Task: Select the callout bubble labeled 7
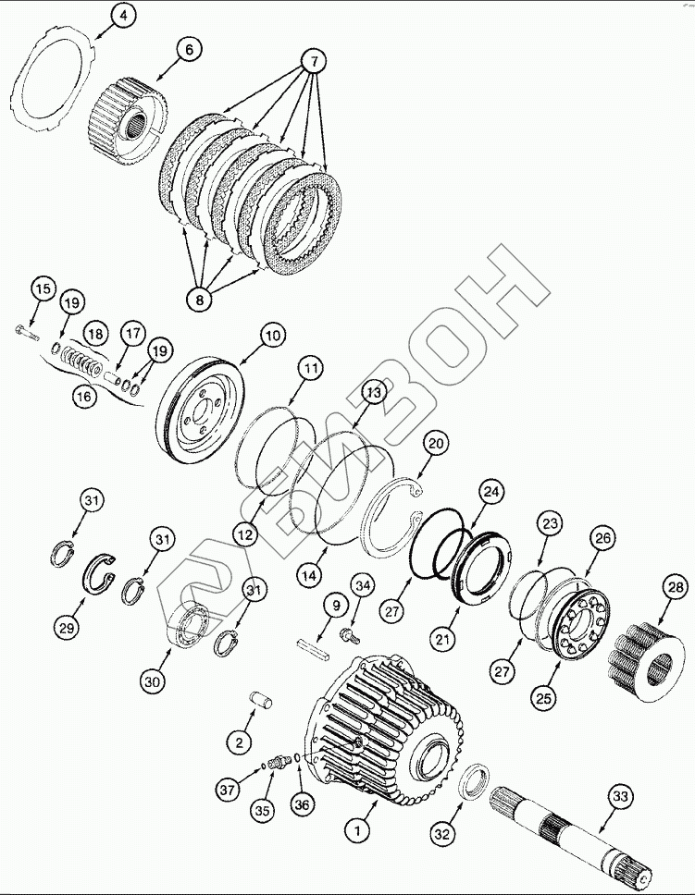pyautogui.click(x=313, y=63)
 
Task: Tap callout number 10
pyautogui.click(x=270, y=337)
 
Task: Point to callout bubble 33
pyautogui.click(x=617, y=798)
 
